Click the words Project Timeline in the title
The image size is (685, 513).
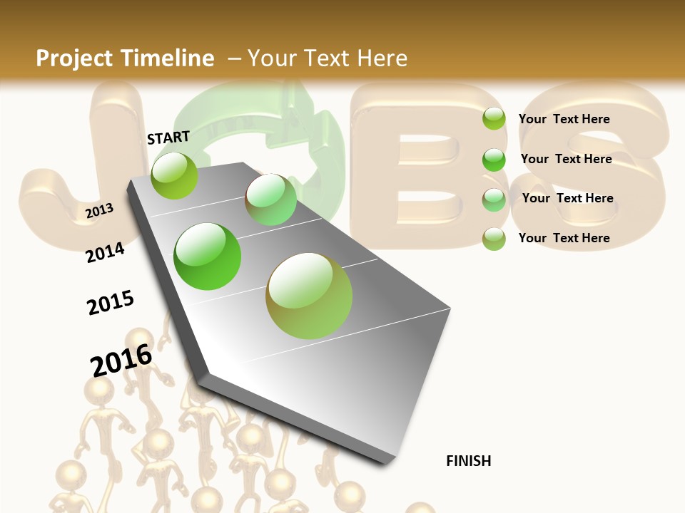point(125,58)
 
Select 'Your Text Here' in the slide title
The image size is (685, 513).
point(328,58)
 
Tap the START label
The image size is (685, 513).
point(168,138)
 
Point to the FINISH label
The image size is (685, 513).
point(468,461)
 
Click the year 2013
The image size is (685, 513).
point(99,211)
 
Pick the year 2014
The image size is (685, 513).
point(105,252)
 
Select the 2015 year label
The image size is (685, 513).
point(111,303)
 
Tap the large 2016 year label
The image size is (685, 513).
point(121,360)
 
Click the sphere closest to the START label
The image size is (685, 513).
point(174,175)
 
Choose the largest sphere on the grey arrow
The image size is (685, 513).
point(309,296)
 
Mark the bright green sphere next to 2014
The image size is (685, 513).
point(207,256)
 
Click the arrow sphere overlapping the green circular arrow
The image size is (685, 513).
point(270,199)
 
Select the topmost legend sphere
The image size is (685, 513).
point(494,118)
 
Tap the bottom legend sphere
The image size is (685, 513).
point(494,239)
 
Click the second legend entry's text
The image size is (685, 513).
point(566,159)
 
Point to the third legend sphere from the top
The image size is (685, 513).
point(494,199)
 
